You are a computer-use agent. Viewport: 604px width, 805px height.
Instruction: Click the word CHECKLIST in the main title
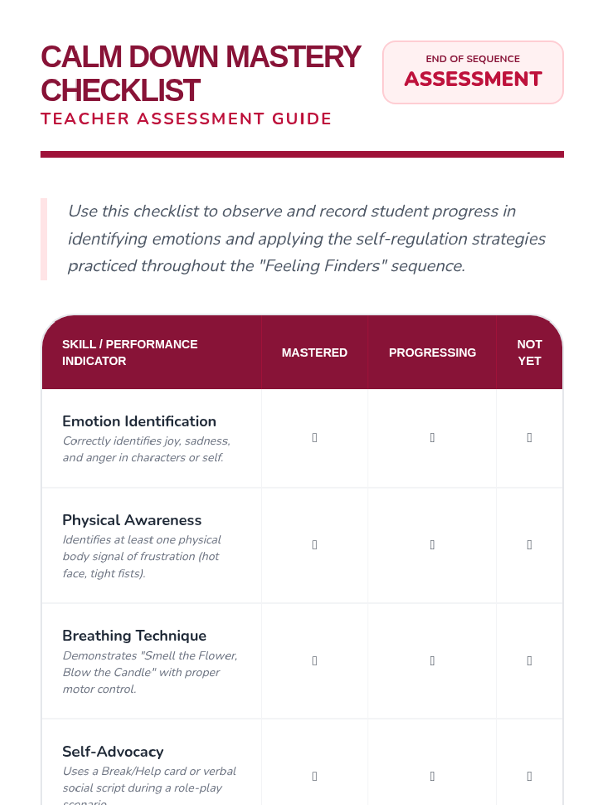121,91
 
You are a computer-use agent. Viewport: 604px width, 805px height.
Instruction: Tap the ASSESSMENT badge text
473,79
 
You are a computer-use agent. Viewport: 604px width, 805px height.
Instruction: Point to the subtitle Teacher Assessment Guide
186,119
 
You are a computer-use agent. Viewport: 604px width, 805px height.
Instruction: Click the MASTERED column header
315,353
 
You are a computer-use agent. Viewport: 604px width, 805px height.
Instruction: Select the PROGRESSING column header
432,353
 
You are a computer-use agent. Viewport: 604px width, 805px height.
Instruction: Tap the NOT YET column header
529,353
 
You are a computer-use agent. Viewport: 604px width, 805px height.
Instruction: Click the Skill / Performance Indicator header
130,352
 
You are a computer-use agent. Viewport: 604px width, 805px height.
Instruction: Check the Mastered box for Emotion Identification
315,438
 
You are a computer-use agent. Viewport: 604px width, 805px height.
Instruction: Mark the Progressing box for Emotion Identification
432,438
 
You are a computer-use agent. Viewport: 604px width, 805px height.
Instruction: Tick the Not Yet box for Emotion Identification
529,438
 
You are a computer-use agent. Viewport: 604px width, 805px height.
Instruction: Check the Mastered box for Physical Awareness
315,545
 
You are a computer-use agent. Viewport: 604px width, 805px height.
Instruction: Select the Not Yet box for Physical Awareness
529,545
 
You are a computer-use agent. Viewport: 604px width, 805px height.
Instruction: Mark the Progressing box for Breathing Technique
432,661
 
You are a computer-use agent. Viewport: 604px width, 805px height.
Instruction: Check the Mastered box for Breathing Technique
315,661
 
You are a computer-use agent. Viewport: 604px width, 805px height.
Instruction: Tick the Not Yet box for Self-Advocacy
529,776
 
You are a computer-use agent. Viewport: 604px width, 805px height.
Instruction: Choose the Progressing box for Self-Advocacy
432,776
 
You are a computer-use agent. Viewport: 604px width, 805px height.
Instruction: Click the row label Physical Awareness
132,520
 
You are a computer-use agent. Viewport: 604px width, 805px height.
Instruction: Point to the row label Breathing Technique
134,636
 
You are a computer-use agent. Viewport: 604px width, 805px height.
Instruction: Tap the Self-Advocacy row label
113,752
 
